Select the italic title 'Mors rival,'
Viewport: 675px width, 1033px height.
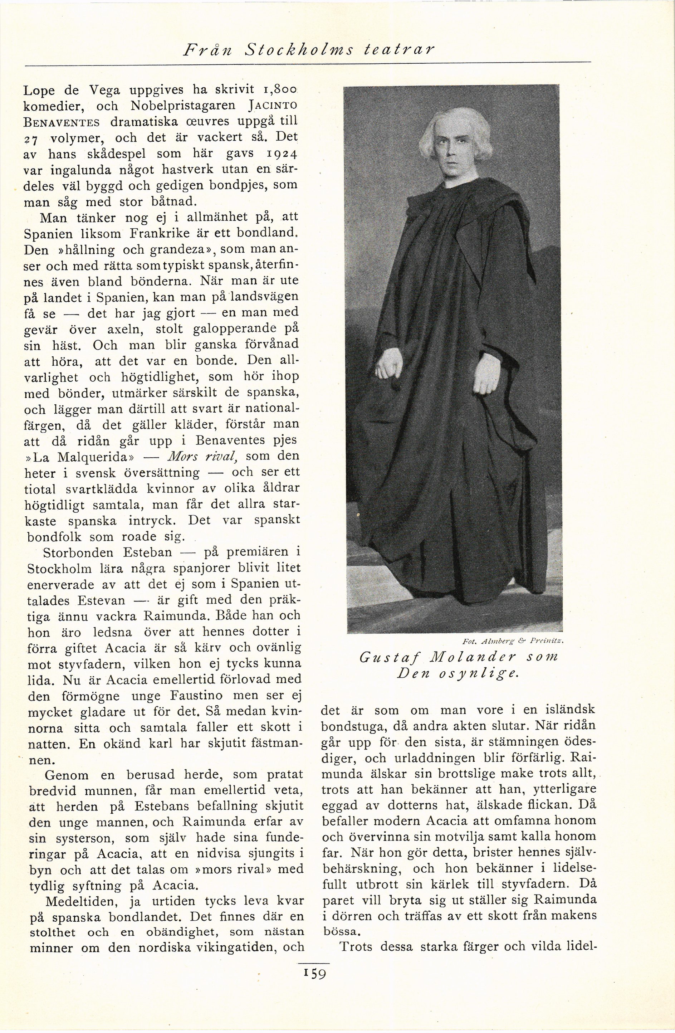[200, 457]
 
